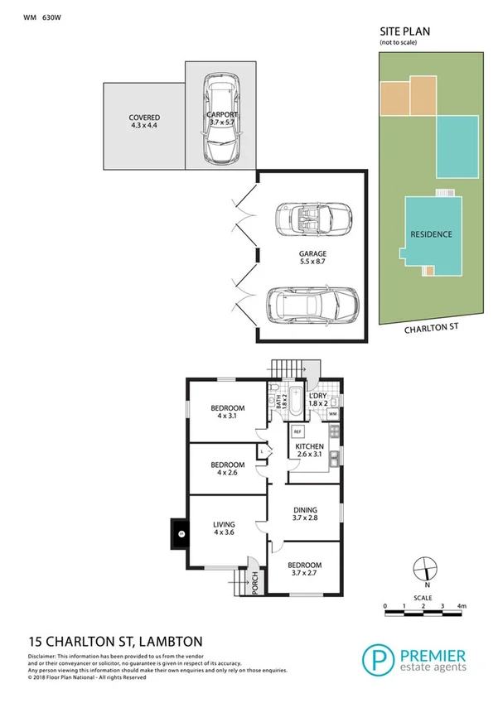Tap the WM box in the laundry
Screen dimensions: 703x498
pos(333,413)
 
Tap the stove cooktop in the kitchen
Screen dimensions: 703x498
pos(334,431)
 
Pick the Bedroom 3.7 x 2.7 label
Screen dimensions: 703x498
pos(303,567)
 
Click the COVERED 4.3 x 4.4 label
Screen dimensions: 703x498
pos(143,122)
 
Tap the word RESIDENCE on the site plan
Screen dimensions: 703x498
pos(432,234)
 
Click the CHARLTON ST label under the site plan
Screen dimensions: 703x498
pos(431,329)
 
